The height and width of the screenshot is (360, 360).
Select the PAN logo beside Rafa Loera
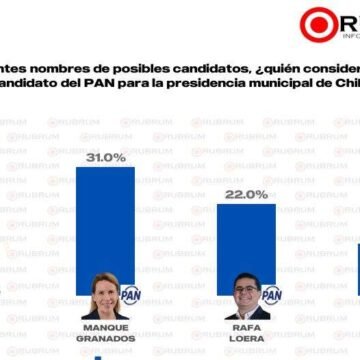(270, 322)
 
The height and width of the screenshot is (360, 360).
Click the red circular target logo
(318, 25)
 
